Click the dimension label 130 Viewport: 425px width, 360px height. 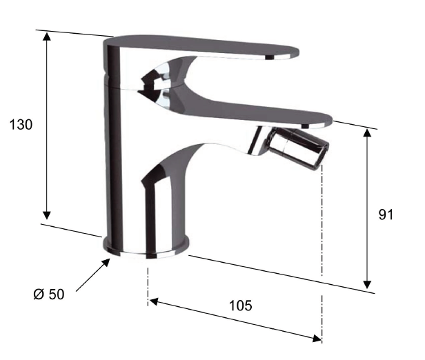click(x=21, y=125)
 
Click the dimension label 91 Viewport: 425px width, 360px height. click(x=386, y=214)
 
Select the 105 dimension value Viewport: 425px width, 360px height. click(x=240, y=306)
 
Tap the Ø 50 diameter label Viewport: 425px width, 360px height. click(x=49, y=294)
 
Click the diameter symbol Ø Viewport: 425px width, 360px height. click(x=39, y=294)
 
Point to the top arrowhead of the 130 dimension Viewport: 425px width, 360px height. click(x=47, y=37)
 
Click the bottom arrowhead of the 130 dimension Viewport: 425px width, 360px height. click(x=47, y=214)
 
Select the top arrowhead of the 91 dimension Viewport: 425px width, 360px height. click(x=367, y=133)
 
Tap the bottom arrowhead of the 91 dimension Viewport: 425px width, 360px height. click(x=367, y=284)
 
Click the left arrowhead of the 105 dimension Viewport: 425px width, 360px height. click(x=154, y=301)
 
